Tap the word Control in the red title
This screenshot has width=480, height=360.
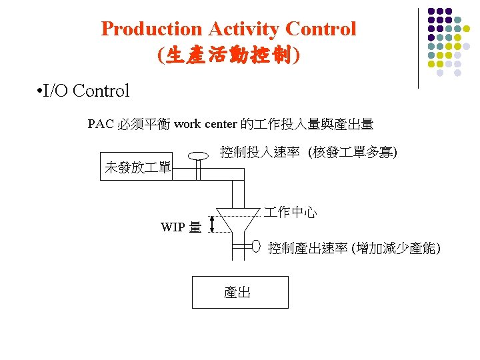321,29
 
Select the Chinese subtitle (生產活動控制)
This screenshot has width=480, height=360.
229,55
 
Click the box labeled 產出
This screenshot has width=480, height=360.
240,292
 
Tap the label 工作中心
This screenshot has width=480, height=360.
290,213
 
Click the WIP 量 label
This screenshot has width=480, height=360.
181,227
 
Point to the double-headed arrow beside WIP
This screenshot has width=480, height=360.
212,223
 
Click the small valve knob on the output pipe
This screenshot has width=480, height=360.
256,247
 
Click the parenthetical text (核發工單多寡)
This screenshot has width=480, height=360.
353,153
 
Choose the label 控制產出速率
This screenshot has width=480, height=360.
307,249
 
